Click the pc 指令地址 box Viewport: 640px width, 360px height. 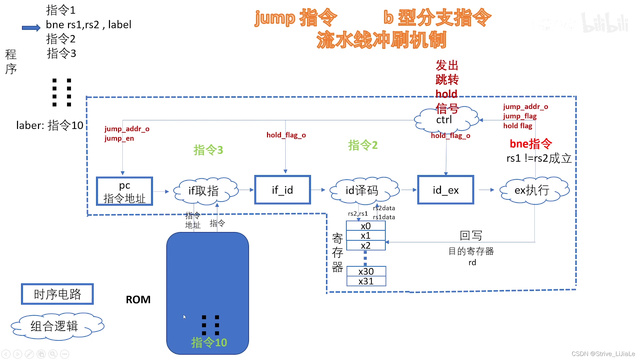tap(124, 191)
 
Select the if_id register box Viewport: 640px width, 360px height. tap(282, 190)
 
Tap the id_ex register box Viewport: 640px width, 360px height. tap(445, 190)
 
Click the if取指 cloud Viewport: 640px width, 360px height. tap(204, 190)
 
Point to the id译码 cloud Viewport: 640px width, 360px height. tap(362, 190)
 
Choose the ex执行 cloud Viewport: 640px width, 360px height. tap(532, 190)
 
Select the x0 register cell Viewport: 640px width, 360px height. tap(366, 226)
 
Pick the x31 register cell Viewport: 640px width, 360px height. tap(366, 281)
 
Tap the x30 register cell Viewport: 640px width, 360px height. tap(366, 271)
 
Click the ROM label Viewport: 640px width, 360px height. tap(138, 300)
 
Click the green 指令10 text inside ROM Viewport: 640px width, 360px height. tap(209, 342)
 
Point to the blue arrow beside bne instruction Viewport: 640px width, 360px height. tap(31, 28)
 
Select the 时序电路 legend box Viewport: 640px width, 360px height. tap(57, 294)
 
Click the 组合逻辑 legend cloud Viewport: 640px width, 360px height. tap(55, 326)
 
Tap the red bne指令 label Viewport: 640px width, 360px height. tap(531, 144)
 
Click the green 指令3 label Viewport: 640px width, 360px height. tap(208, 150)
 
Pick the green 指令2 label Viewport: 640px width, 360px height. tap(363, 145)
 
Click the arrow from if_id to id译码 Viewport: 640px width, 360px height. tap(318, 190)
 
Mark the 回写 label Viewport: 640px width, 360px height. tap(471, 236)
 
